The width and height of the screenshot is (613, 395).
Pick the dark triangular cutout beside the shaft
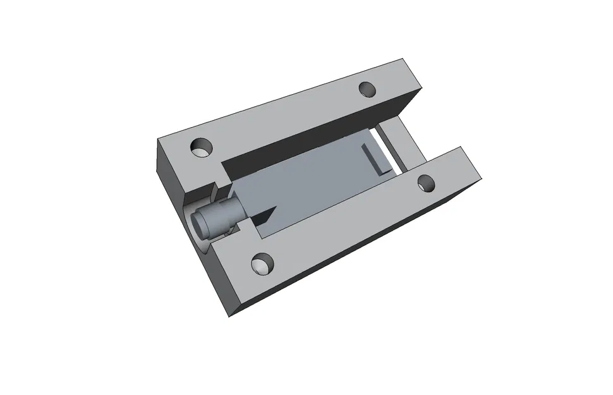[264, 217]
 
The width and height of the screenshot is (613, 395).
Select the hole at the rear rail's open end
[367, 89]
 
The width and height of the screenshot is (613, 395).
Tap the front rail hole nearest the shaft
[262, 264]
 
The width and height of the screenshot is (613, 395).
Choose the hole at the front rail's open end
[427, 183]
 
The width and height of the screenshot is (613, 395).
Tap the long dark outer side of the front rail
[354, 253]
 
